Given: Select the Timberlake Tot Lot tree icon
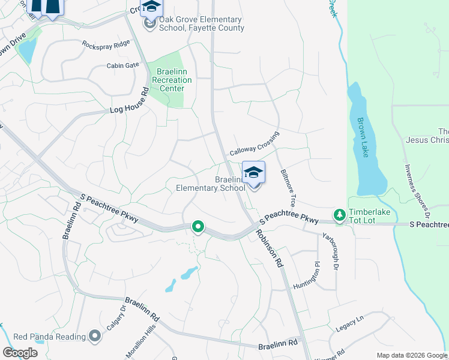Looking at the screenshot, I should pos(339,214).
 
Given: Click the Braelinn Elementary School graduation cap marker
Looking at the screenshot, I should pos(253,173).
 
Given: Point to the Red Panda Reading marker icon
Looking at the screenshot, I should pos(94,337).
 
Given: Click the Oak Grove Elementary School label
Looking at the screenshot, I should pos(201,24).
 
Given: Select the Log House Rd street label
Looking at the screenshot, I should pos(129,103).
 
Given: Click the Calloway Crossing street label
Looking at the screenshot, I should pos(255,144).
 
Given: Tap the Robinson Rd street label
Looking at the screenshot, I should pos(268,248).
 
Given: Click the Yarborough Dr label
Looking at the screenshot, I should pos(331,250).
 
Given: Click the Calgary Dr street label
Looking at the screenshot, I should pos(115,317).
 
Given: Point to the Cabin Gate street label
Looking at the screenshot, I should pos(122,65).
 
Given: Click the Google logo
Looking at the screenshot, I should pos(20,352).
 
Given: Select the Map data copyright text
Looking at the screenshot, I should pos(412,355).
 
